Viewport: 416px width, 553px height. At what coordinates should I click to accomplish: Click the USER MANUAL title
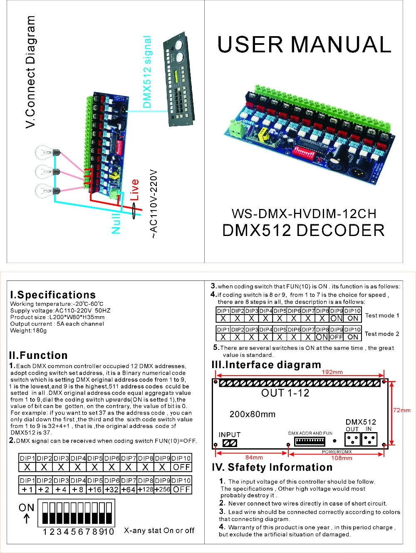click(304, 45)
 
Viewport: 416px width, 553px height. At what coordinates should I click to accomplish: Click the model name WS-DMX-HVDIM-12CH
click(304, 214)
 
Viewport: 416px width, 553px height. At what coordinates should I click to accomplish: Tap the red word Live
click(134, 190)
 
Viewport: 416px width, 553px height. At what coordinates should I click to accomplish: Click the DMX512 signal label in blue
click(147, 72)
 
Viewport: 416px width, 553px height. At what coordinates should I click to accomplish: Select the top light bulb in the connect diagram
click(47, 152)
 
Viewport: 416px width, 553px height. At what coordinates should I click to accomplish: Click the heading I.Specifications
click(53, 295)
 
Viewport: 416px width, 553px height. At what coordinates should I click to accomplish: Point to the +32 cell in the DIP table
click(111, 489)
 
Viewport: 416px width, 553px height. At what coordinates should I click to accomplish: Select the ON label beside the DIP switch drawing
click(26, 508)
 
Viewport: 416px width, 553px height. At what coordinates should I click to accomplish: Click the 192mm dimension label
click(332, 372)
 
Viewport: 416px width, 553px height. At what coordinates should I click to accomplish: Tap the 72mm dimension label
click(401, 410)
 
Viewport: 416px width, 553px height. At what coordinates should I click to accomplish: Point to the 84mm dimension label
click(254, 457)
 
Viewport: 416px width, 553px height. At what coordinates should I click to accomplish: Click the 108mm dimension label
click(342, 458)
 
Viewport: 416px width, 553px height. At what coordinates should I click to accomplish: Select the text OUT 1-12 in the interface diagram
click(285, 393)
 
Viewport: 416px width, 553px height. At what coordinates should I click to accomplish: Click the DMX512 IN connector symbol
click(369, 439)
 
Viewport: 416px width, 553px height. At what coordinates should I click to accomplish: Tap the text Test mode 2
click(381, 334)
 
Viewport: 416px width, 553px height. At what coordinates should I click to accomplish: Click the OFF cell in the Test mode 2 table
click(336, 337)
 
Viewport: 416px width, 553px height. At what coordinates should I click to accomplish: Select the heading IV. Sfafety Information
click(272, 467)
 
